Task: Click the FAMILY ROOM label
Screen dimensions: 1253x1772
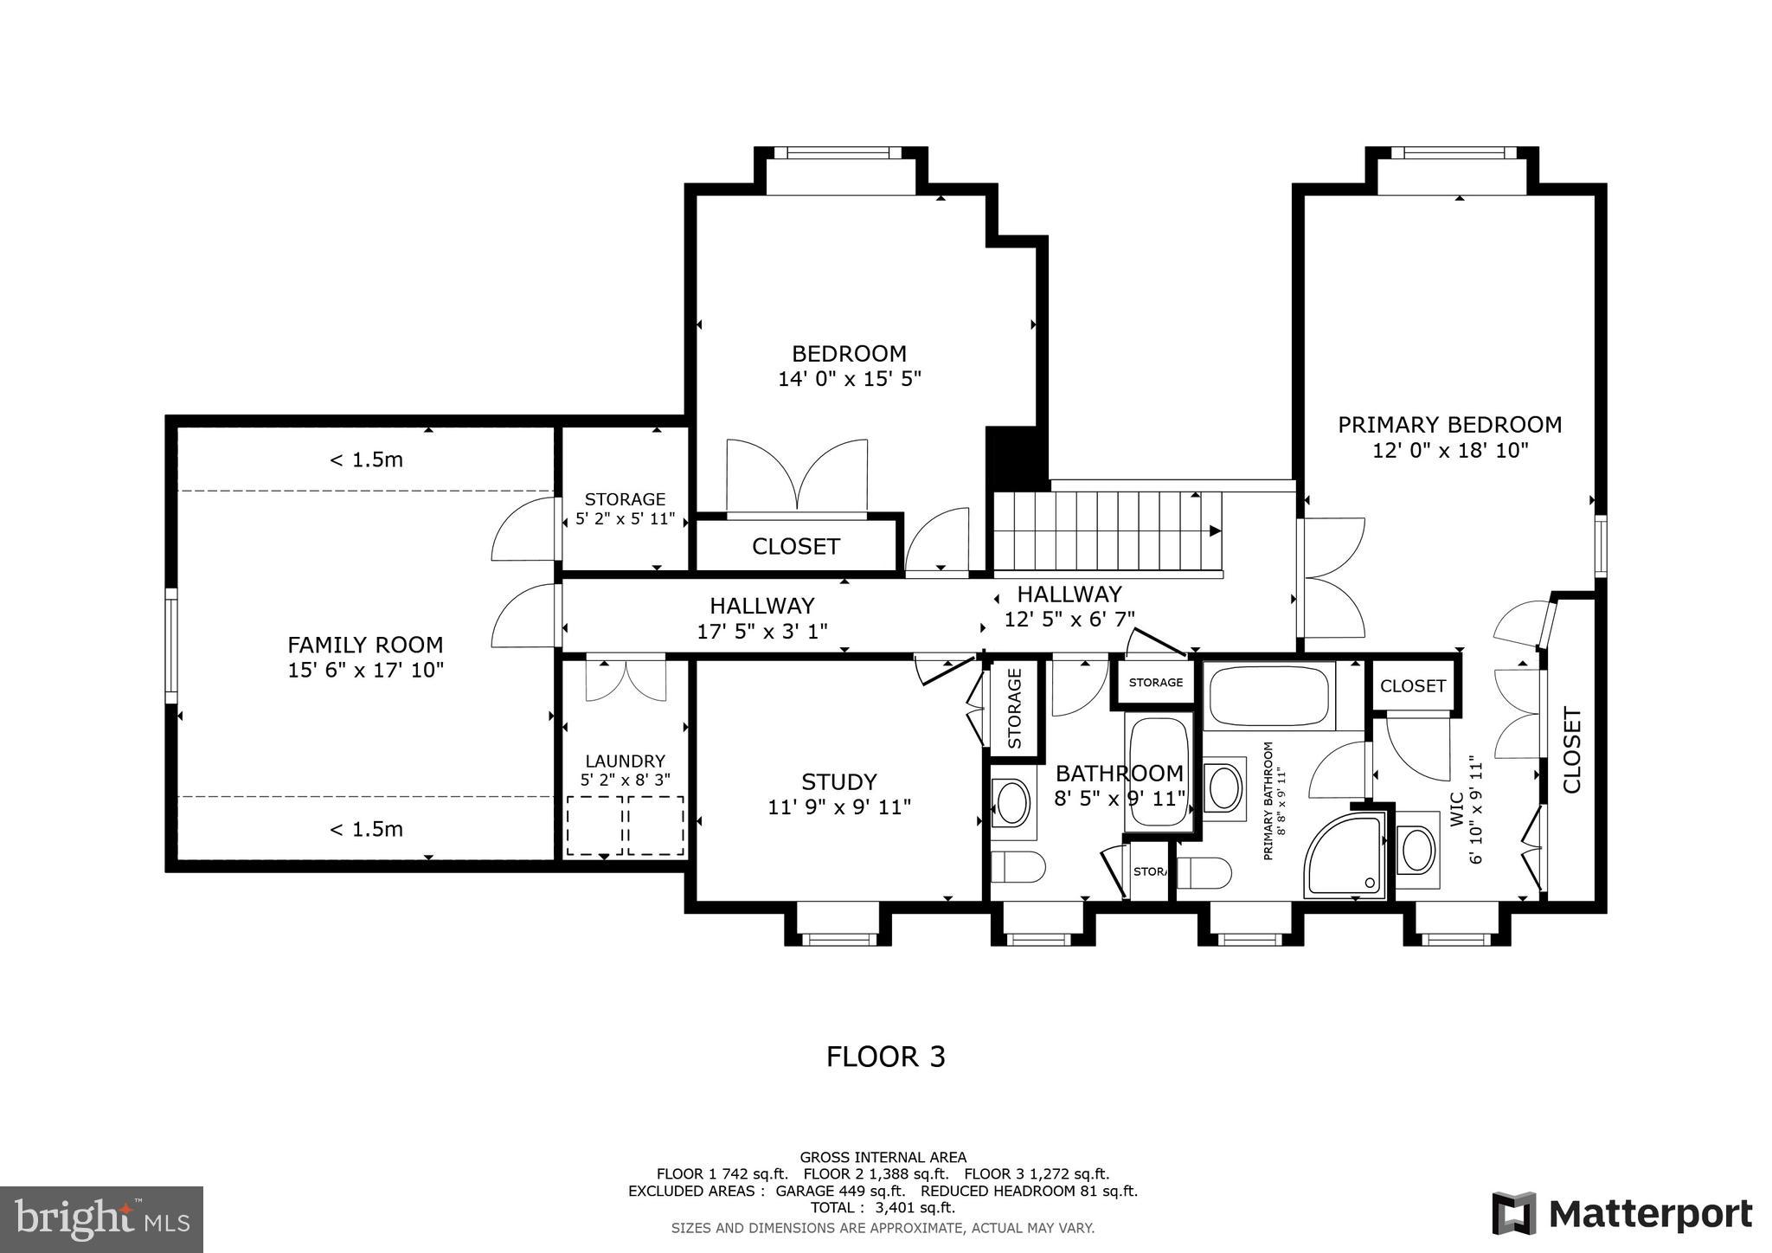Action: pos(365,645)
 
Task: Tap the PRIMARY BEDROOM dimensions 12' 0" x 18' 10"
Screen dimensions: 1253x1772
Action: pos(1450,450)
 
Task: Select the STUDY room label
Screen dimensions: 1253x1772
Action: pos(838,781)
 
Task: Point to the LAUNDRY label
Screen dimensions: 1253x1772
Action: pos(625,761)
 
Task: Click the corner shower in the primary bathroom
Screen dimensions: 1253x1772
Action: pos(1345,854)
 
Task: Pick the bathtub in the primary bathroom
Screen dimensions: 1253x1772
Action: pos(1268,696)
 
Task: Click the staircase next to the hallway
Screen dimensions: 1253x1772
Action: pos(1107,530)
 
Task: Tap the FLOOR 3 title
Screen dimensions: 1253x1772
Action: pos(885,1057)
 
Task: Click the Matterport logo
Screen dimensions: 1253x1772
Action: pos(1621,1213)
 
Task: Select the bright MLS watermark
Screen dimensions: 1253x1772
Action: pos(101,1219)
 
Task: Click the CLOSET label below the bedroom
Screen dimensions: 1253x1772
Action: pos(795,546)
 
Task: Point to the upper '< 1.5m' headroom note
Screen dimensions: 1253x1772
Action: pos(366,459)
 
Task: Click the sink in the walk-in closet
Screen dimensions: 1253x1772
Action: pos(1417,849)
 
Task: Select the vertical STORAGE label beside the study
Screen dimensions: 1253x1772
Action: pos(1015,708)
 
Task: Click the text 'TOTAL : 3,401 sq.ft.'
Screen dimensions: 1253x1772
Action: pos(883,1207)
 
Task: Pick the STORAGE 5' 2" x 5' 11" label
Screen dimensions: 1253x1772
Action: pos(625,509)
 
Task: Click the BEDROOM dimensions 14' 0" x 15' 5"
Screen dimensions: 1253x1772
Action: pos(849,378)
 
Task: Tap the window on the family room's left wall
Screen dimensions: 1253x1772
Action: pos(171,646)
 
